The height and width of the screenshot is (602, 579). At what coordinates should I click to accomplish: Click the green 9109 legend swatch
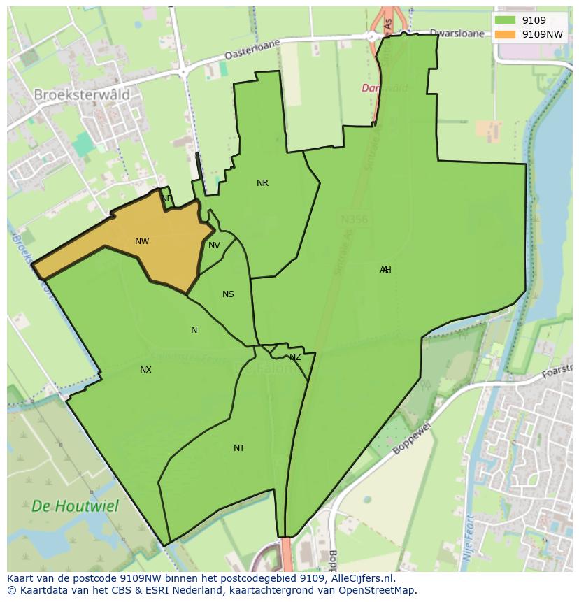pyautogui.click(x=506, y=21)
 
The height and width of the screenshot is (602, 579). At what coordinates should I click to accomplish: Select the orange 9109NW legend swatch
pyautogui.click(x=506, y=34)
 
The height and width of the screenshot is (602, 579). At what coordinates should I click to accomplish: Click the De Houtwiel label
pyautogui.click(x=75, y=506)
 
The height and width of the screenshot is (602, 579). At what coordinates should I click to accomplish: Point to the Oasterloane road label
pyautogui.click(x=252, y=49)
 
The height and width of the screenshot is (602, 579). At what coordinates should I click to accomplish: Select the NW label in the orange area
pyautogui.click(x=142, y=241)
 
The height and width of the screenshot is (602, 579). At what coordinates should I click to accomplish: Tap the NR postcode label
pyautogui.click(x=262, y=183)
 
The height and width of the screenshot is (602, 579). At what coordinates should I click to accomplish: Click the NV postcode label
pyautogui.click(x=214, y=245)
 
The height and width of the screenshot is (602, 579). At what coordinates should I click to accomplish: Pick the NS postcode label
pyautogui.click(x=228, y=294)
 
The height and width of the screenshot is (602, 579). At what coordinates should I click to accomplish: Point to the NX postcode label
pyautogui.click(x=145, y=369)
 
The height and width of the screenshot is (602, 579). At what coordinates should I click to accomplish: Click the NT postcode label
pyautogui.click(x=239, y=448)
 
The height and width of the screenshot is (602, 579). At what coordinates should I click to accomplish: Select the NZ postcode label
pyautogui.click(x=295, y=357)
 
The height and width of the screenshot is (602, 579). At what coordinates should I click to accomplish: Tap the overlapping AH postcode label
pyautogui.click(x=385, y=270)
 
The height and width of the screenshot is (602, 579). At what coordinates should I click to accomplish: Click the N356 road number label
pyautogui.click(x=354, y=220)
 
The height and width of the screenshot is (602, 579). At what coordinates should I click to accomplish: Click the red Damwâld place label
pyautogui.click(x=384, y=88)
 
